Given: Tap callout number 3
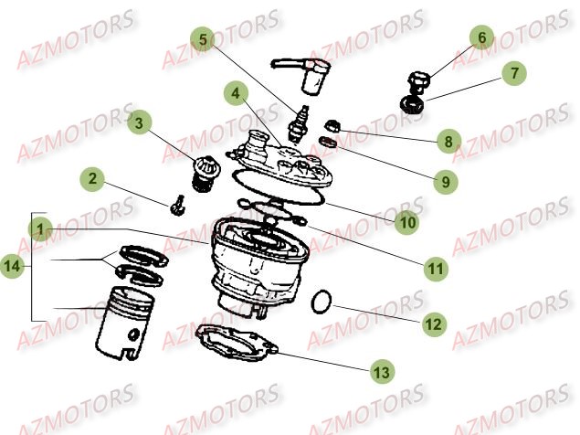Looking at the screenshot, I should point(140,122).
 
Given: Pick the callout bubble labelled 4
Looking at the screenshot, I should point(237,93).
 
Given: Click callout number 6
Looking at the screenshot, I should point(482,38).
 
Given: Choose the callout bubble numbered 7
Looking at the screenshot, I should point(513,73).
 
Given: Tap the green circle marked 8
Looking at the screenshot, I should point(448,142).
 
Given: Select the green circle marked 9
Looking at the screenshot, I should point(445,182).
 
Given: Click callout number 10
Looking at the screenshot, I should point(407,222).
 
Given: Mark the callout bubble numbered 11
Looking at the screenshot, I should point(436,269).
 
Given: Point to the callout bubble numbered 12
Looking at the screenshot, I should point(433,324).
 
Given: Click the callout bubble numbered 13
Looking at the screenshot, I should point(378,372).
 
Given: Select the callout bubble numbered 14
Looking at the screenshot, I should point(13,267).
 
